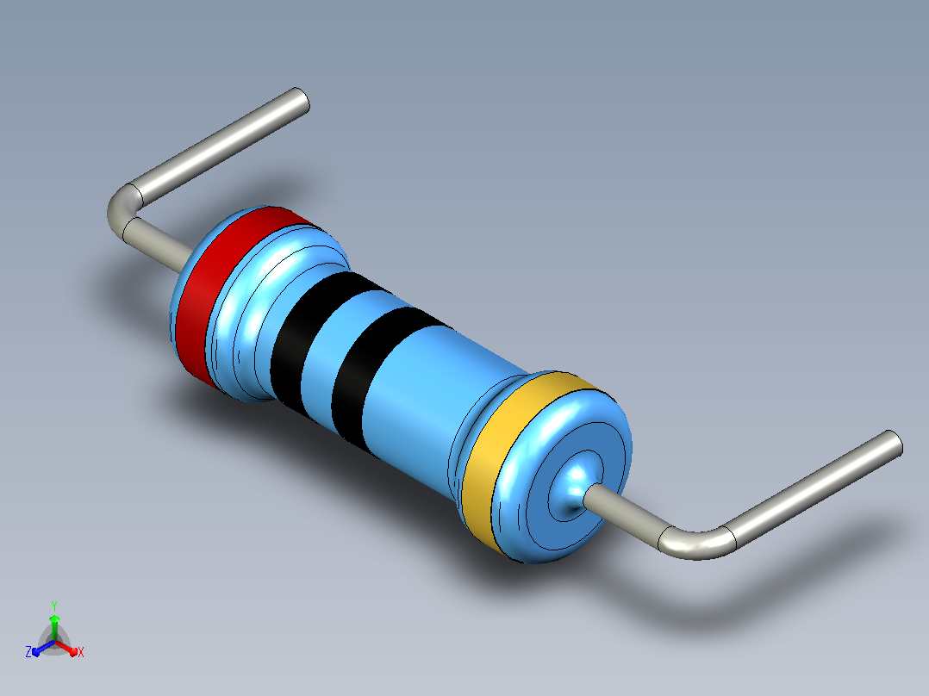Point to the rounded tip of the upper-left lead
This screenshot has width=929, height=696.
pos(300,100)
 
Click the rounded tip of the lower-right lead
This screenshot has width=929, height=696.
pos(893,443)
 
